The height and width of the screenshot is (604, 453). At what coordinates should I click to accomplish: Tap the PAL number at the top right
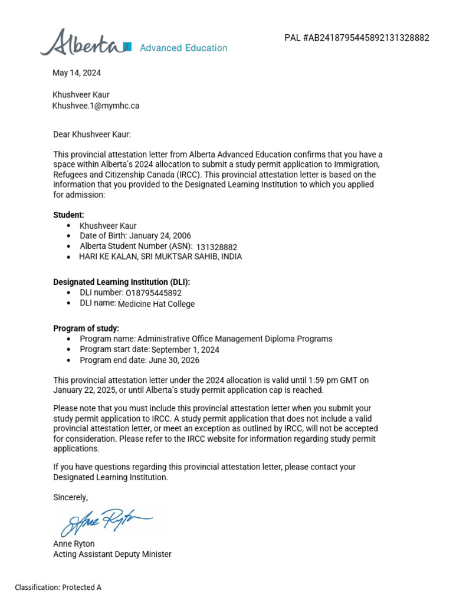(x=357, y=38)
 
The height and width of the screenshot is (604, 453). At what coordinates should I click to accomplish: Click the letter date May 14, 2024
(x=77, y=73)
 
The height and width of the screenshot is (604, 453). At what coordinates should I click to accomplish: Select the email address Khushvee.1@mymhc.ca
(x=96, y=106)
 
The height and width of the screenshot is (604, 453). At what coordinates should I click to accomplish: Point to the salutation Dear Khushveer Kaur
(x=92, y=134)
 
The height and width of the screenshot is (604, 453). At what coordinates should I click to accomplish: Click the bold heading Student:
(x=69, y=215)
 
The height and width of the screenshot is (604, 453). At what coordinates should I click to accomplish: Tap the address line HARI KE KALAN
(x=160, y=257)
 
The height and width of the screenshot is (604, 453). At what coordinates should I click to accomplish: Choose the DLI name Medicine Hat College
(x=156, y=304)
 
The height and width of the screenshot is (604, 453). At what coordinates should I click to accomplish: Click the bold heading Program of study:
(x=86, y=328)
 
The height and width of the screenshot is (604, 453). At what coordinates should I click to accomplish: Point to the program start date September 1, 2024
(x=185, y=350)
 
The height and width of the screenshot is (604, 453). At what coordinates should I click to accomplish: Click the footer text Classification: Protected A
(x=58, y=587)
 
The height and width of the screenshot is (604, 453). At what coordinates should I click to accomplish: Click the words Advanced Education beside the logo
(x=183, y=48)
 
